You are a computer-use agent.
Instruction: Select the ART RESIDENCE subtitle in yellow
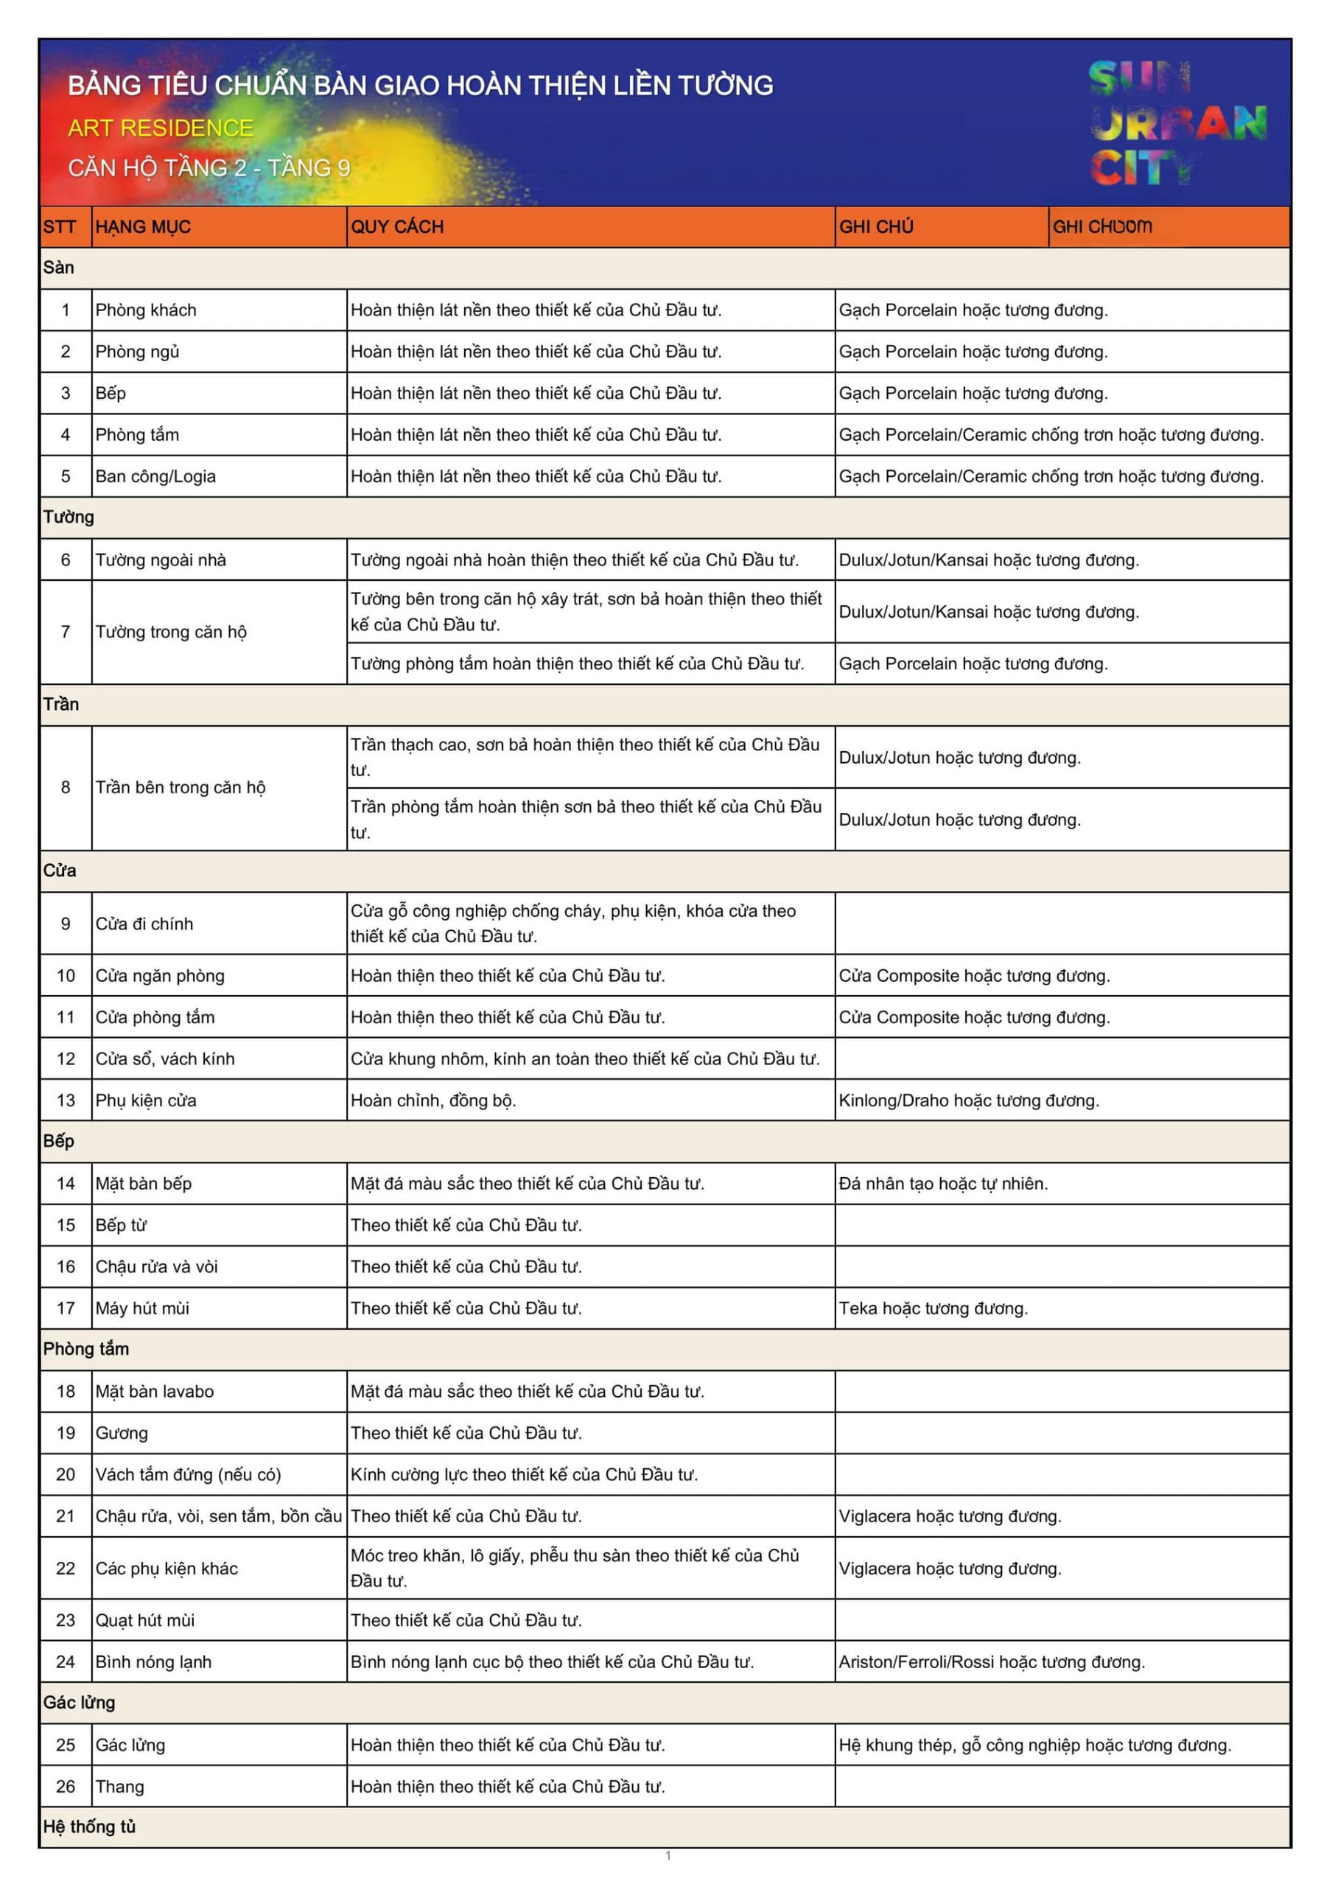(x=161, y=128)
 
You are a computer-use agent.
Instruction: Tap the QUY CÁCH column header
(x=397, y=226)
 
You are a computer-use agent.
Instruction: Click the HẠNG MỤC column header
(x=142, y=226)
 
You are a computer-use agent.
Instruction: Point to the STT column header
(x=60, y=226)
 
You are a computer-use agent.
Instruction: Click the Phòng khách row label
(x=146, y=310)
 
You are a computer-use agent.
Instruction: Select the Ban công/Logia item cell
(x=155, y=476)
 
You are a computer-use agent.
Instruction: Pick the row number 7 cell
(x=65, y=632)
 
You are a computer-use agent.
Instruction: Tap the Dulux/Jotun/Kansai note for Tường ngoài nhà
(x=989, y=560)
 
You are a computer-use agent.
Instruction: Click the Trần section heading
(x=61, y=705)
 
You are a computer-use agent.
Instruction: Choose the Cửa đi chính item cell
(x=144, y=924)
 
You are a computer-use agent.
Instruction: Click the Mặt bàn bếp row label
(x=144, y=1184)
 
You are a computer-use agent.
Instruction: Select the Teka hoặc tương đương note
(x=934, y=1308)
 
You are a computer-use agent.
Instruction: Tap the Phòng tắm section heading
(x=85, y=1349)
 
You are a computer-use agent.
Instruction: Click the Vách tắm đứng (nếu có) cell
(x=188, y=1475)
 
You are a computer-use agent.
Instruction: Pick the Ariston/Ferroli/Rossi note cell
(x=992, y=1662)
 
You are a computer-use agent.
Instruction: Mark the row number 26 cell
(x=65, y=1787)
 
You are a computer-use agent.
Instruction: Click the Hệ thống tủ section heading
(x=89, y=1827)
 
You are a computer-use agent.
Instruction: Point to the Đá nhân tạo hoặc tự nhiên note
(x=943, y=1184)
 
